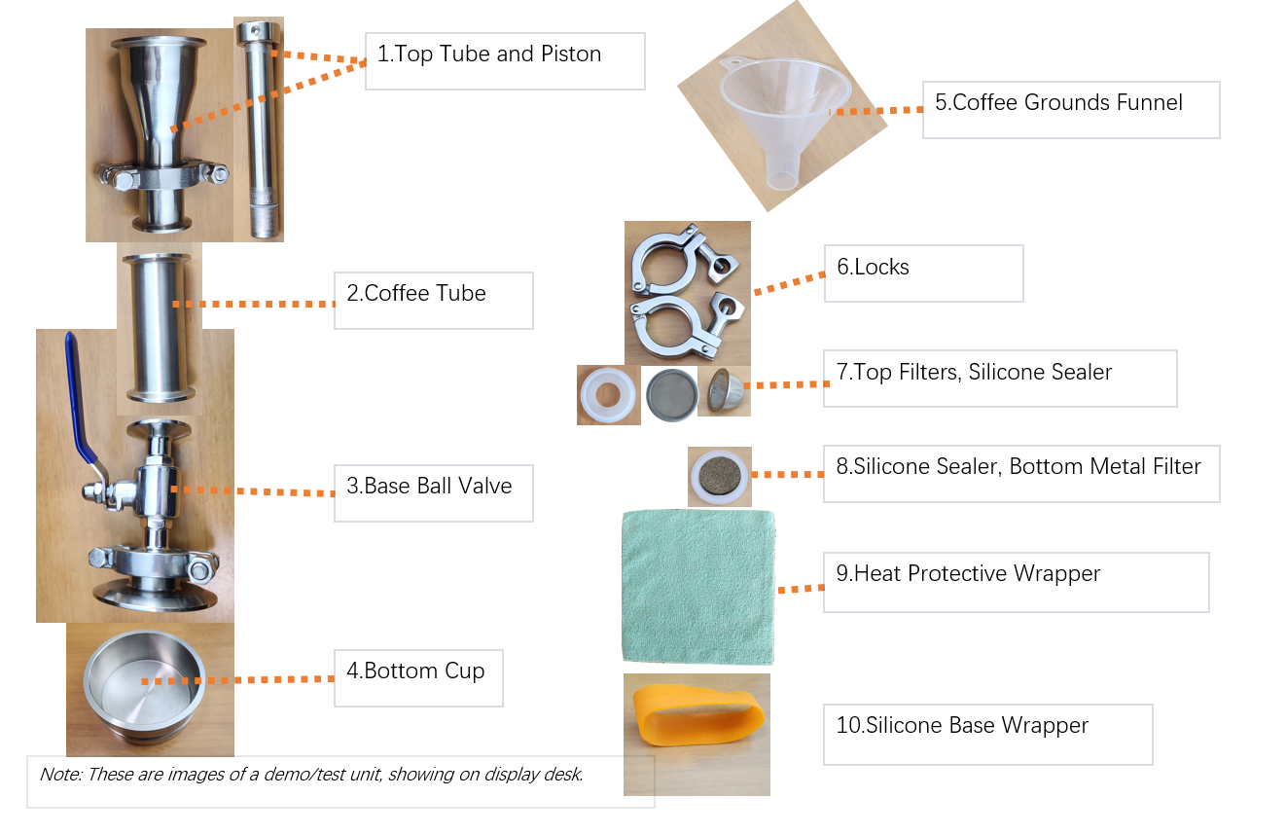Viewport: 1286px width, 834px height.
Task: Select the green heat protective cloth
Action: tap(698, 587)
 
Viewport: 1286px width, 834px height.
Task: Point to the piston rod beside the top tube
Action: tap(260, 129)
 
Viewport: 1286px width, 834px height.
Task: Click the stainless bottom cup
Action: tap(145, 687)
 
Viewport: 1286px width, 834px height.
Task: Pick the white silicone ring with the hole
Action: tap(608, 394)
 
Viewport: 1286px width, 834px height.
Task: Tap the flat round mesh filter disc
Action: tap(672, 395)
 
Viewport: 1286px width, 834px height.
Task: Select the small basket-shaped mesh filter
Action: tap(725, 390)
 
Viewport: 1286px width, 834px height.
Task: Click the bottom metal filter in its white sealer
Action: tap(720, 476)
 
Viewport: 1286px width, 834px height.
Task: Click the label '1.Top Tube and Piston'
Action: tap(489, 54)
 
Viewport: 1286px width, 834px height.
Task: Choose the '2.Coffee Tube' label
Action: tap(416, 293)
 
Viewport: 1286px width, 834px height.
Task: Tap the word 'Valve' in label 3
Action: tap(484, 486)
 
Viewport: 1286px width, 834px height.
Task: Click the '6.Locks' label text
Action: tap(873, 267)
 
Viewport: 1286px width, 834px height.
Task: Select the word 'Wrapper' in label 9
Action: tap(1056, 574)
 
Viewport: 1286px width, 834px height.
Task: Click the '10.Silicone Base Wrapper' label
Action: tap(962, 725)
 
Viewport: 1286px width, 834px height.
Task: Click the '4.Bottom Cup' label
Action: tap(415, 671)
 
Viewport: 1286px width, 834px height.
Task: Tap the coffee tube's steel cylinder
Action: tap(159, 328)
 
